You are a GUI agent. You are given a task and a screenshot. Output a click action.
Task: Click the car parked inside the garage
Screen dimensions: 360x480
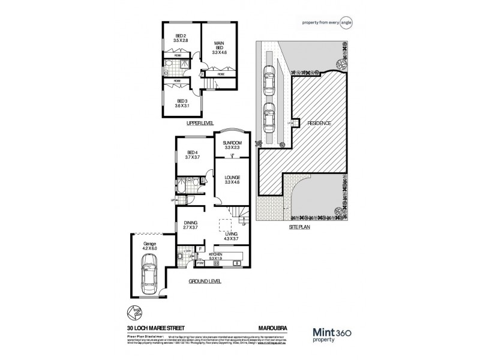(x=148, y=273)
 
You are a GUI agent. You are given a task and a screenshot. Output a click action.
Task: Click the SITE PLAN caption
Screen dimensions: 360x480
(x=298, y=229)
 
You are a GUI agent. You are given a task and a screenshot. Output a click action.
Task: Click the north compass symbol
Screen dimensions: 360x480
(x=133, y=312)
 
